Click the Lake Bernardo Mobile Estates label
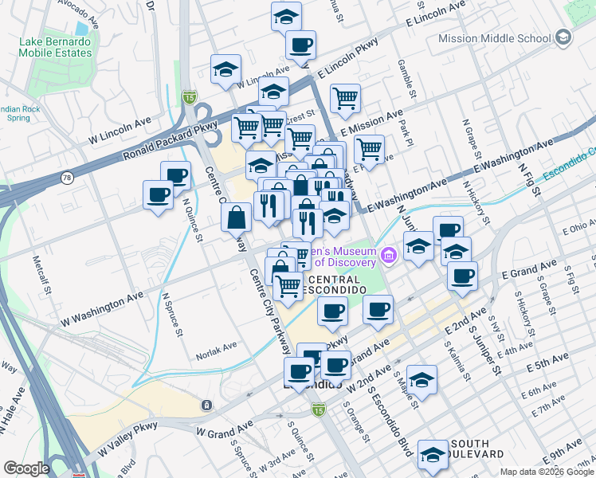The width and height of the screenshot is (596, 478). point(59,47)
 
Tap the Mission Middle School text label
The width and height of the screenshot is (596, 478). point(494,37)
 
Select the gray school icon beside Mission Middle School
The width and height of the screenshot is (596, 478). point(563,37)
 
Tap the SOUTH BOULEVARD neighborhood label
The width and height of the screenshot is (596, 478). point(482,449)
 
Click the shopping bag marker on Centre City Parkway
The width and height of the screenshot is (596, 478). point(237,217)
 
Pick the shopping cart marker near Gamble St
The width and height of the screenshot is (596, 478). point(345,99)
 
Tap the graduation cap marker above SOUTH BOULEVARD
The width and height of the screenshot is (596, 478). point(433,454)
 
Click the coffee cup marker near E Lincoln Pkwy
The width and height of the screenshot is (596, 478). point(300,45)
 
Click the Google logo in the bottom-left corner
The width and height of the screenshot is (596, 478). point(26,468)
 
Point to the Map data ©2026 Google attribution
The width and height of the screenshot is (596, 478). point(547,472)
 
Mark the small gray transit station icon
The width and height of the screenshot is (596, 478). point(206,406)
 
